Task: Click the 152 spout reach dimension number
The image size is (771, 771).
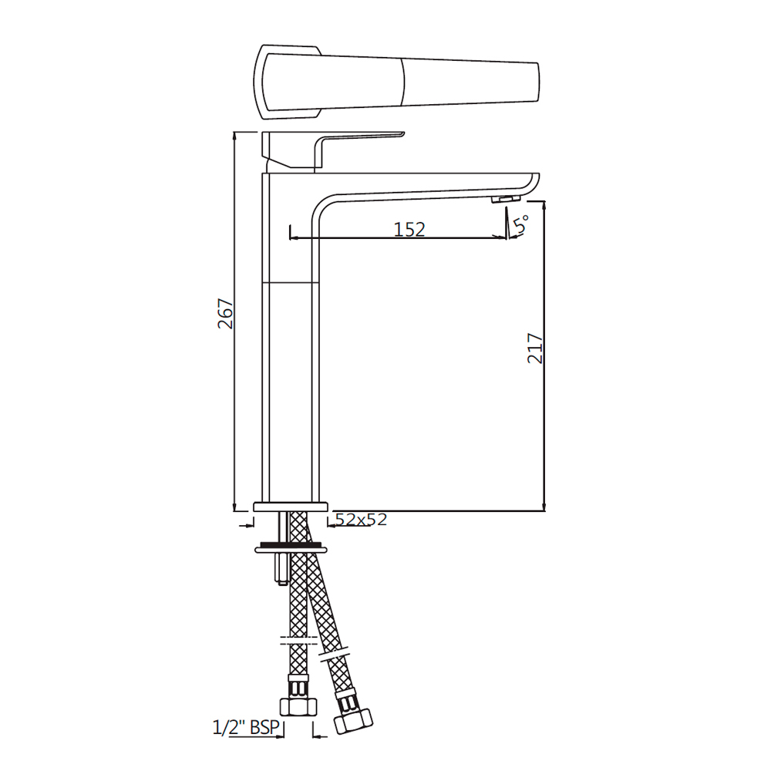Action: (409, 229)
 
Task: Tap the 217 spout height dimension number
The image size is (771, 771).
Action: (536, 348)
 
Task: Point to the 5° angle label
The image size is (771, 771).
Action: (522, 225)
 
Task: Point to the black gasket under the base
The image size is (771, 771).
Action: (292, 545)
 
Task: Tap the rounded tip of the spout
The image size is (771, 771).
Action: (532, 183)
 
